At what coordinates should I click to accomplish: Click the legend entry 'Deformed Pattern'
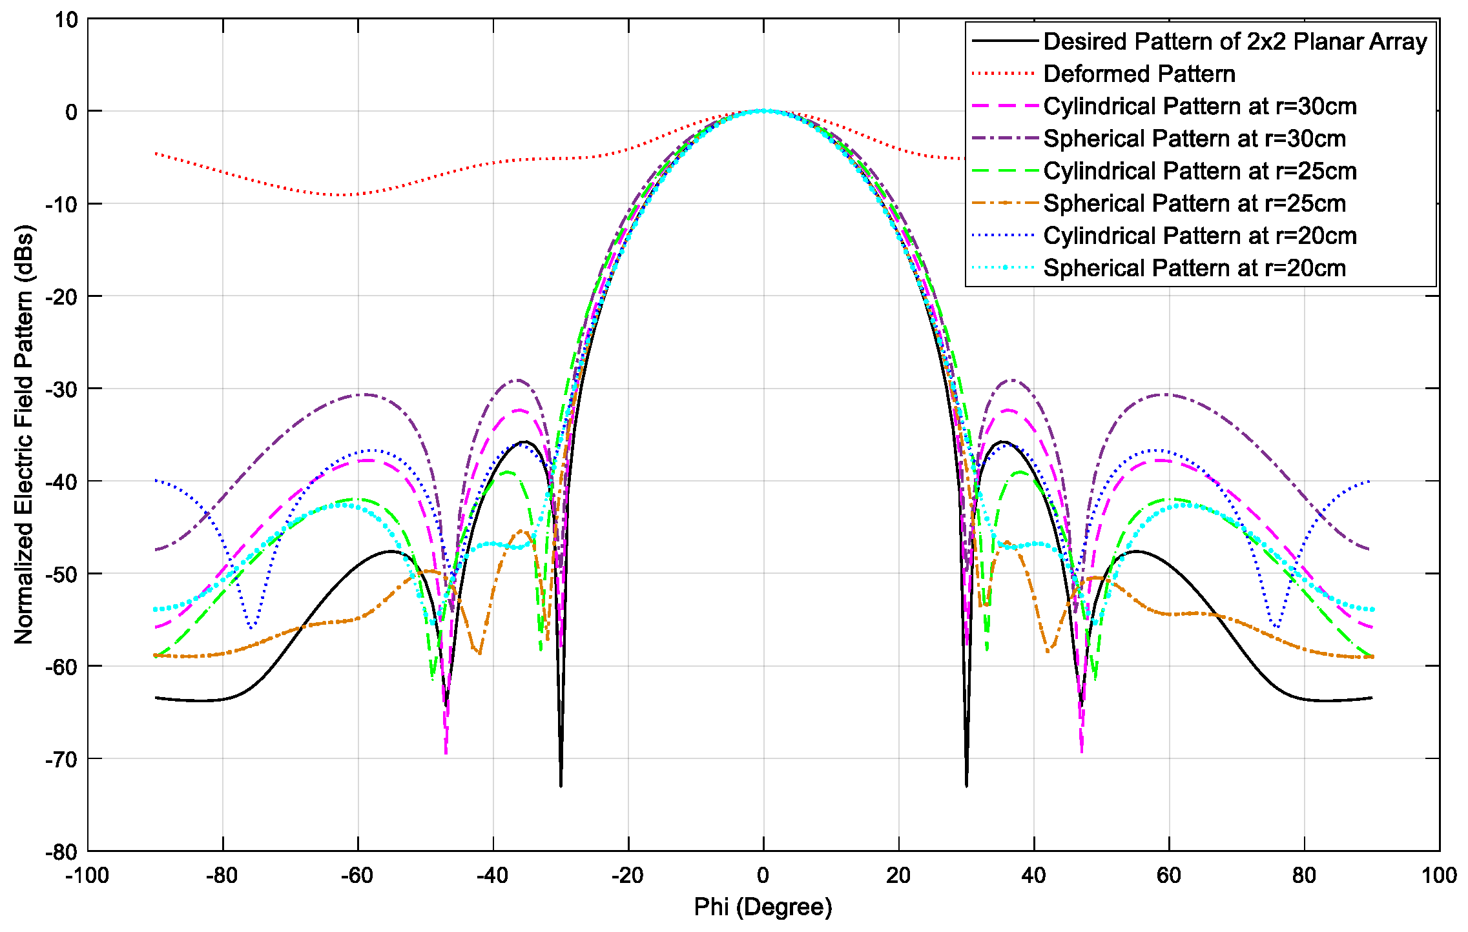(1139, 74)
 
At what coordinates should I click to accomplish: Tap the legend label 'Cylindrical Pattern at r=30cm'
(1199, 106)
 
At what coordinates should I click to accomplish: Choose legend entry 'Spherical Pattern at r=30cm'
(1194, 139)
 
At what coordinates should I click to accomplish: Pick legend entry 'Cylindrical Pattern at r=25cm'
(1199, 171)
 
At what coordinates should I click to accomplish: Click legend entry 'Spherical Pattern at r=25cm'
(1194, 203)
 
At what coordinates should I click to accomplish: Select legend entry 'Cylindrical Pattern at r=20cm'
(1199, 236)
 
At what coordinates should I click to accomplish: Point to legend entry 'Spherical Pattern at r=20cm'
(1194, 268)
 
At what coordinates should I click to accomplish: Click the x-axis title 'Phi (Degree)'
(763, 907)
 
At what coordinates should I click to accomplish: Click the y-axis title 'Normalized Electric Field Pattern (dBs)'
(24, 434)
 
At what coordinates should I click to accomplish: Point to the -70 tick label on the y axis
(62, 759)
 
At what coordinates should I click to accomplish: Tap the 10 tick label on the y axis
(66, 19)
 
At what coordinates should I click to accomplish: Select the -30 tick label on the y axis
(62, 389)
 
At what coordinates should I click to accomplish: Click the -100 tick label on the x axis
(87, 876)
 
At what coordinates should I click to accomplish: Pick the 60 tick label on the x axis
(1168, 876)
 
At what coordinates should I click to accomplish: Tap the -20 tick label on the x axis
(627, 876)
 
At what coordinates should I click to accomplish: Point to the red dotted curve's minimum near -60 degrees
(346, 195)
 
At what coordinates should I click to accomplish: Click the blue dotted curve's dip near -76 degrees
(251, 627)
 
